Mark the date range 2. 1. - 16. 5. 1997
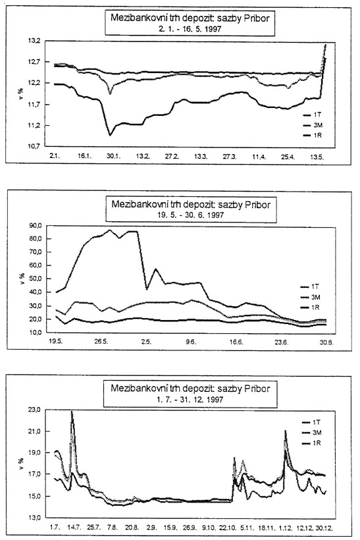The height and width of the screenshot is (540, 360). tap(190, 29)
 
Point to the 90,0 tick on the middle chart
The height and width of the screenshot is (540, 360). tap(36, 226)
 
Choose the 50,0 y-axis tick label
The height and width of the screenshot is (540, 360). tap(36, 279)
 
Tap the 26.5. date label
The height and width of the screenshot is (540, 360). tap(101, 342)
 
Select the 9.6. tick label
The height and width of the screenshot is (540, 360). tap(190, 342)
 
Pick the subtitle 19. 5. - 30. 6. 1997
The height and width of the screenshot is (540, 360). tap(191, 215)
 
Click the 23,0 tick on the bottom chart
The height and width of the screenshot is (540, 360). tap(36, 410)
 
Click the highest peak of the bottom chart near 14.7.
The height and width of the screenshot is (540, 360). tap(72, 411)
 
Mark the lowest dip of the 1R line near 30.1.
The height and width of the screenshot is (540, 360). tap(110, 135)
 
